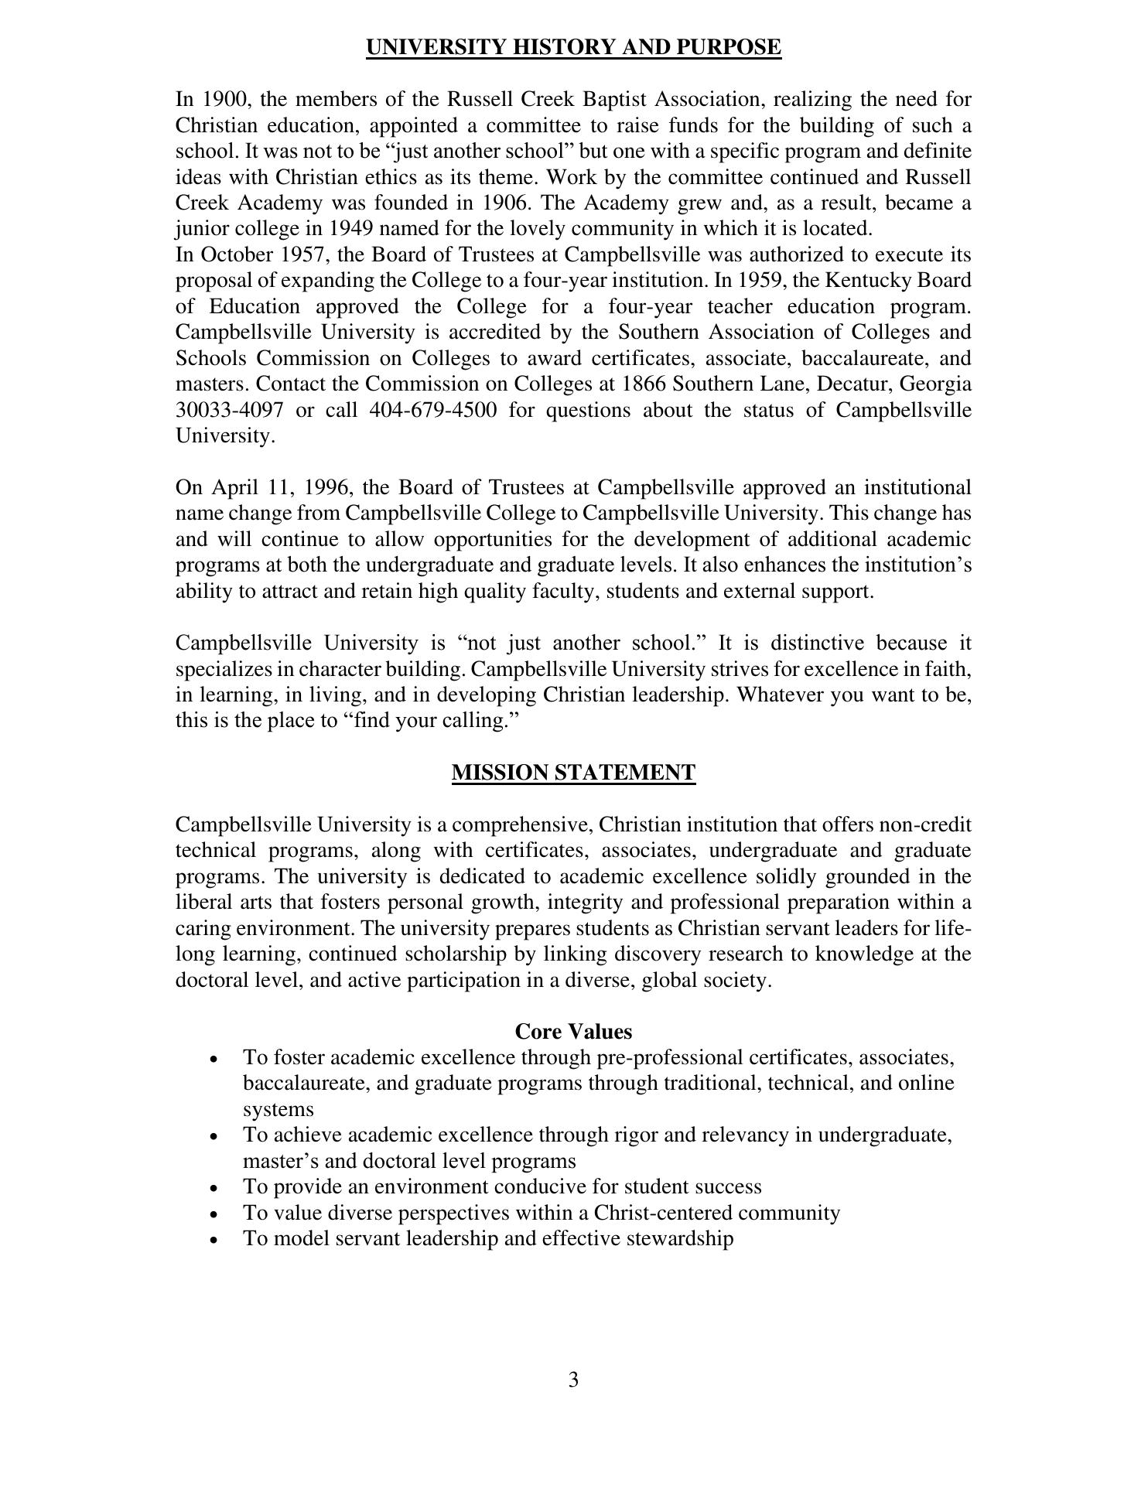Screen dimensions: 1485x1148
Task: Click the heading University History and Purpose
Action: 573,48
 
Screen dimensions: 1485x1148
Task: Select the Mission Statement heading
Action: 573,773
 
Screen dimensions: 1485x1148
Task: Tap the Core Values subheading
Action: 573,1032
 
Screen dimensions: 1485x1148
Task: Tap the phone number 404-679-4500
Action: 433,410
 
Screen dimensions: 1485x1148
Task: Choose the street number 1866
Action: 645,384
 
